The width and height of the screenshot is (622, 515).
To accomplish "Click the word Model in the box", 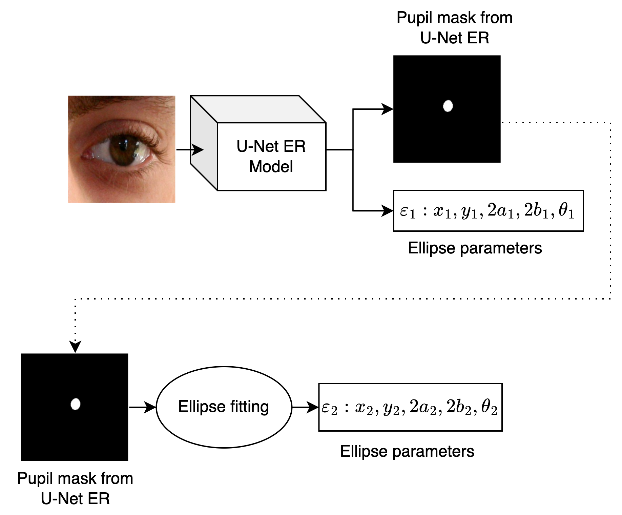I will [x=271, y=167].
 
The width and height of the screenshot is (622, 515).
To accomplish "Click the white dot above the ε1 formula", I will [x=448, y=106].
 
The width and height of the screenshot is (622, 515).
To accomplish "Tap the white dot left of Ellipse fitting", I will [x=75, y=404].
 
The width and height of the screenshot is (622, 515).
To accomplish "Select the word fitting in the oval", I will [x=249, y=407].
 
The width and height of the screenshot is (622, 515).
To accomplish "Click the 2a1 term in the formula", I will [x=500, y=212].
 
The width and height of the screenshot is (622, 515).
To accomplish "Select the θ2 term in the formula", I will [x=489, y=408].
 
